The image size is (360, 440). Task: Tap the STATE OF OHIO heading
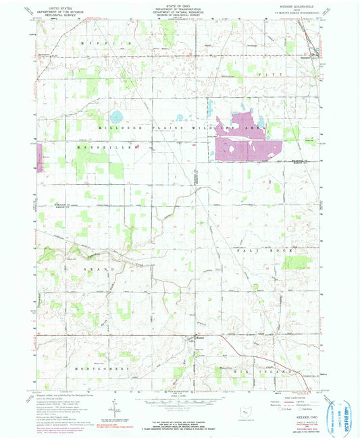coord(179,5)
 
